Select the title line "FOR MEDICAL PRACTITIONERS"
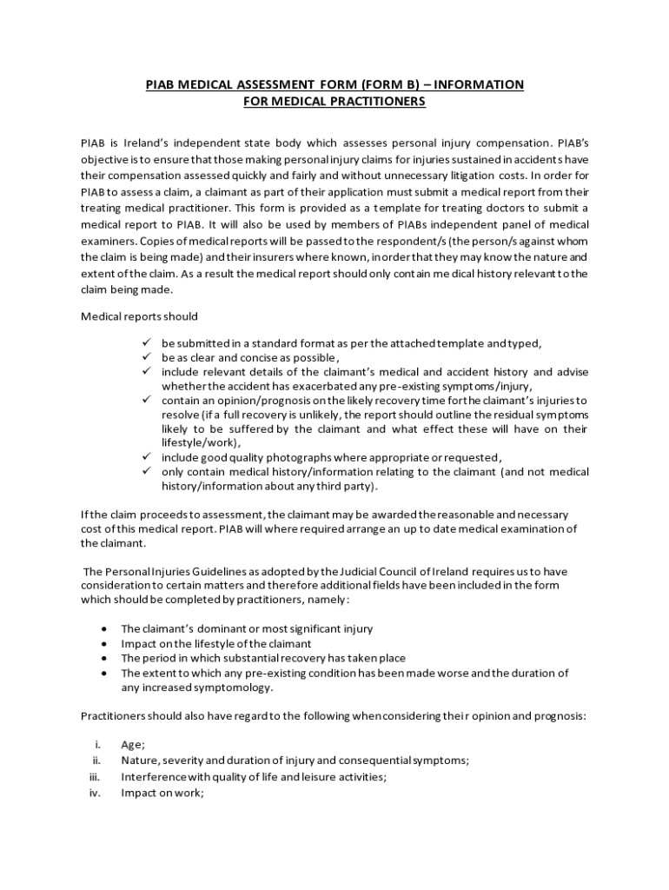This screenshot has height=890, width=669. pyautogui.click(x=334, y=102)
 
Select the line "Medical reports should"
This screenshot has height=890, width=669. pyautogui.click(x=139, y=315)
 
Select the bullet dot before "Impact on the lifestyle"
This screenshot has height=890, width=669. pyautogui.click(x=104, y=643)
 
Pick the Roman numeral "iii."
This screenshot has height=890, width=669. pyautogui.click(x=96, y=776)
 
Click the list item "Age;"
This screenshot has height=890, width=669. pyautogui.click(x=133, y=745)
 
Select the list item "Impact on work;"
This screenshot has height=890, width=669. pyautogui.click(x=162, y=793)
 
